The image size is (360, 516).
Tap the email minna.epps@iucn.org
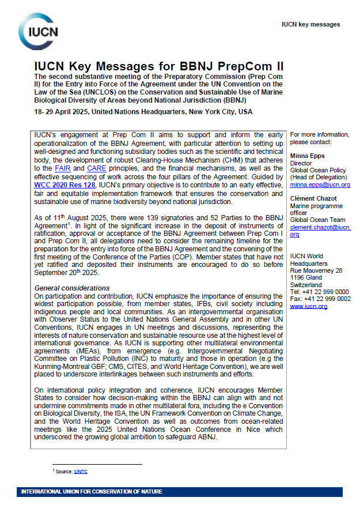320,185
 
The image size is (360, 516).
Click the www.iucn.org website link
308,306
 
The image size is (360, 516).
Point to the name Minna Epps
308,156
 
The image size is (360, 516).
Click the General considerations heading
72,288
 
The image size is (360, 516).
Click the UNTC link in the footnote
81,471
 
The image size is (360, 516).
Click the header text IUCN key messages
310,25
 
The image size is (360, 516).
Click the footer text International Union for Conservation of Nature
92,492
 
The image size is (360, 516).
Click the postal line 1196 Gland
306,278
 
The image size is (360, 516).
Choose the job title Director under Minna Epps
302,164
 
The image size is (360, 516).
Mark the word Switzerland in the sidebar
306,285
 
